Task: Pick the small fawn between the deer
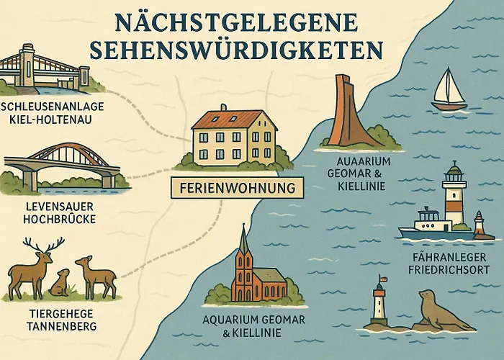pyautogui.click(x=60, y=283)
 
